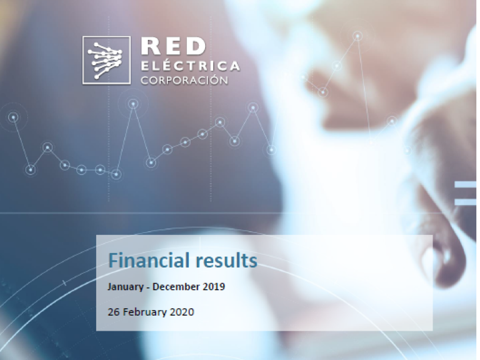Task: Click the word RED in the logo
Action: point(173,46)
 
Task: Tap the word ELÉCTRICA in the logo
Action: point(190,65)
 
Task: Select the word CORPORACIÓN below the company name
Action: point(184,80)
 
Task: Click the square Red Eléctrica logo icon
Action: point(106,60)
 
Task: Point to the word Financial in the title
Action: point(149,260)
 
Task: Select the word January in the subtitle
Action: point(126,287)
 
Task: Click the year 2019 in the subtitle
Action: point(214,286)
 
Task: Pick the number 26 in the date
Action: point(113,312)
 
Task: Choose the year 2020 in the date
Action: point(182,312)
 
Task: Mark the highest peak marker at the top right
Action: point(357,36)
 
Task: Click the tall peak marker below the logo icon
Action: point(133,104)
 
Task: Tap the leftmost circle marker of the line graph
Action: point(14,117)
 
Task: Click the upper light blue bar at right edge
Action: point(465,184)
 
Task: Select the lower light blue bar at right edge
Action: point(465,202)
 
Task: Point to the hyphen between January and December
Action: point(148,287)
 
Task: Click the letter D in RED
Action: point(196,46)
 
